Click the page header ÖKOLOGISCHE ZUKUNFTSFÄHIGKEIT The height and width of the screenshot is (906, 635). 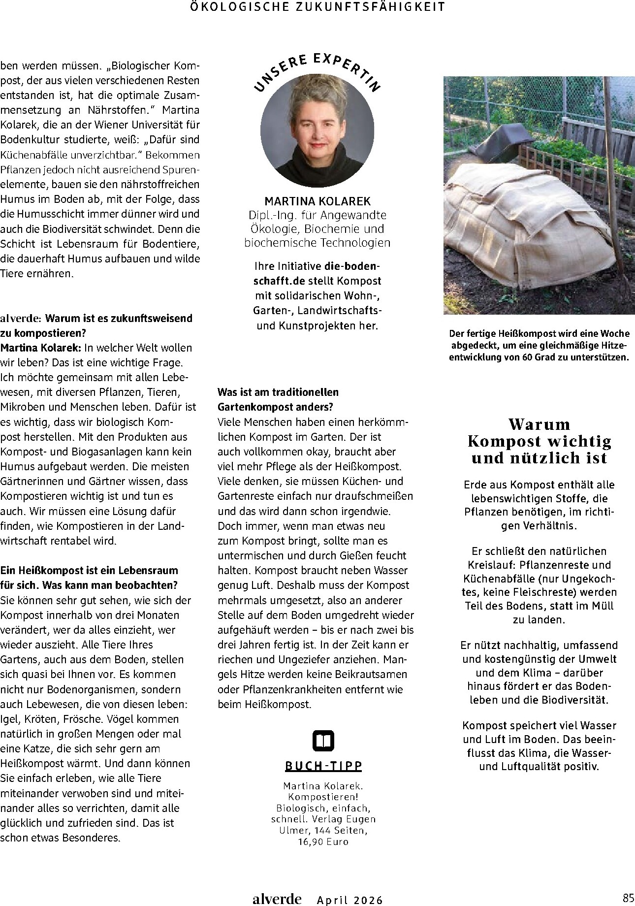(317, 6)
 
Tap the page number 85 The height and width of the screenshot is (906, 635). (628, 897)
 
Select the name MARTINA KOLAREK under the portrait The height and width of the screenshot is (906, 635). (317, 201)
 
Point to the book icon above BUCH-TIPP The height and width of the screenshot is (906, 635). (323, 741)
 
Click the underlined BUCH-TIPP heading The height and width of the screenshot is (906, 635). (323, 766)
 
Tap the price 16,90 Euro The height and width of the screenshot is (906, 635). (323, 841)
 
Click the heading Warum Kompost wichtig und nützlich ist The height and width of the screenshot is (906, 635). (540, 441)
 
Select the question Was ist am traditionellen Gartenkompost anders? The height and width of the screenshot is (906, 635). (278, 399)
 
